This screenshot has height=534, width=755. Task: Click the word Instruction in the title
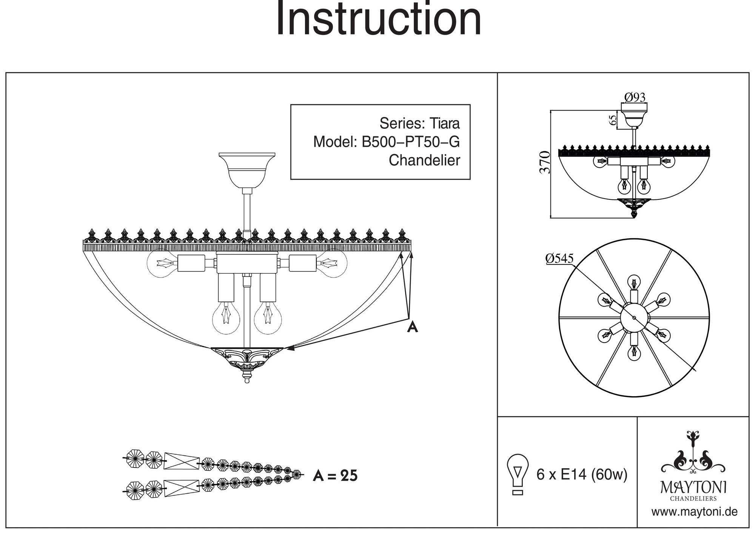[x=379, y=20]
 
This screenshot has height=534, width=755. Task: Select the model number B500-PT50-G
[x=410, y=142]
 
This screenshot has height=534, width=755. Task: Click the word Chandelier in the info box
[x=424, y=160]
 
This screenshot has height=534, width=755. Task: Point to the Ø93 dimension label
[x=635, y=97]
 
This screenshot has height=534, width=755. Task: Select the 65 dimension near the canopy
[x=613, y=120]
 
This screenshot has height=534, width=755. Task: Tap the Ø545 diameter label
[x=559, y=258]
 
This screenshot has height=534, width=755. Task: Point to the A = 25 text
[x=335, y=476]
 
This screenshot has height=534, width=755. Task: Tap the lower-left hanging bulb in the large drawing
[x=226, y=317]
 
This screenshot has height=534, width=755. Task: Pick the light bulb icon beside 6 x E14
[x=518, y=474]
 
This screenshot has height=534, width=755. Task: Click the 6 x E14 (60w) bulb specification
[x=582, y=474]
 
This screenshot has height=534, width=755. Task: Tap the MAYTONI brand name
[x=693, y=488]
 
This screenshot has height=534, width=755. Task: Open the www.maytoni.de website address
[x=694, y=512]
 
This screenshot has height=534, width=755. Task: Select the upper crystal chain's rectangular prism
[x=182, y=461]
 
